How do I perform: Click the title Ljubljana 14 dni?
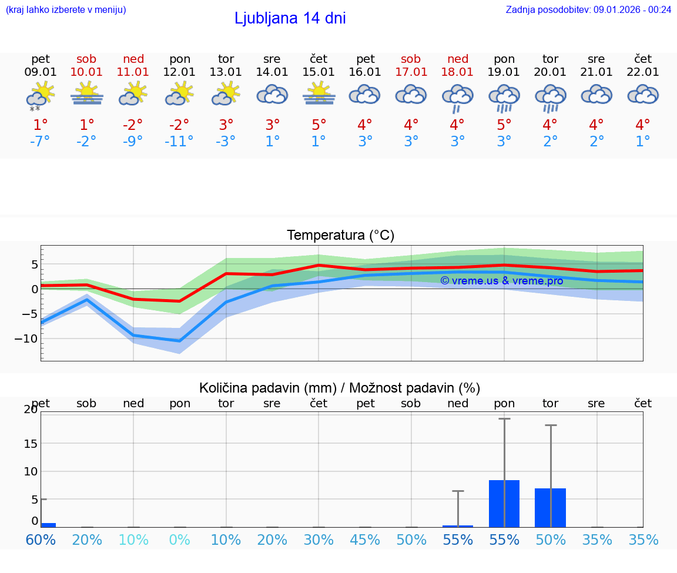(290, 18)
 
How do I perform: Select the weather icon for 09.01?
(41, 96)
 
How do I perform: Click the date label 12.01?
(179, 72)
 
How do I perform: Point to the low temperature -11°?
(179, 142)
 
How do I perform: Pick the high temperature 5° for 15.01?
(319, 125)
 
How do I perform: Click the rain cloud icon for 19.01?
(504, 97)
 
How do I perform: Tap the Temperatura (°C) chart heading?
(340, 236)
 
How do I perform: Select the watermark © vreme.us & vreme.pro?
(501, 281)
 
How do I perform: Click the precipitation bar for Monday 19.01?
(504, 504)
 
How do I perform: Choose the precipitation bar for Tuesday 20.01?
(550, 508)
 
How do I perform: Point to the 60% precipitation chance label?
(41, 540)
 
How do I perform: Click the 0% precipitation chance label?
(180, 540)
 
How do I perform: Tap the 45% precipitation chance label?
(365, 540)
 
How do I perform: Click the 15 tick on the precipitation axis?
(31, 443)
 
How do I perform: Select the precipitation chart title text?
(340, 388)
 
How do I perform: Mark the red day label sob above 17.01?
(411, 59)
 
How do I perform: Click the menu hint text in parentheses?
(66, 9)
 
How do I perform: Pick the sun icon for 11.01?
(133, 94)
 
